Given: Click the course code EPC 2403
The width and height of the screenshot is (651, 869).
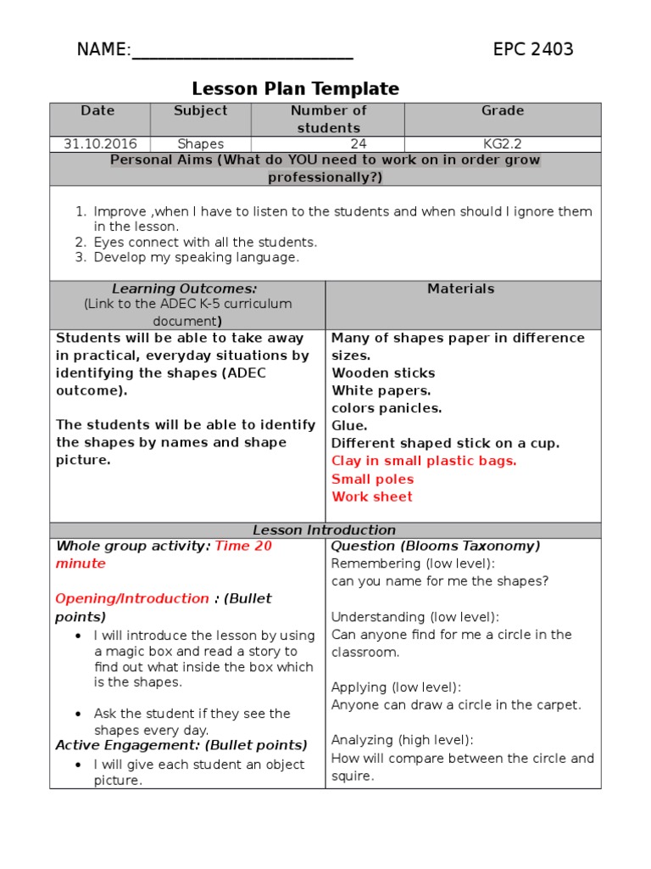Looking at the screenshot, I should [533, 49].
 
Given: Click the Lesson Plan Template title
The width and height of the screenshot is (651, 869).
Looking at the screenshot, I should [295, 89].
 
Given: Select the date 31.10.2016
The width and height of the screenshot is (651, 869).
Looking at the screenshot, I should [99, 144].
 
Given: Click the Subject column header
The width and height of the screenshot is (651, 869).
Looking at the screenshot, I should [200, 111].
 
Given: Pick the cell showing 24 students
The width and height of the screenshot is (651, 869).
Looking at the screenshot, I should [358, 144].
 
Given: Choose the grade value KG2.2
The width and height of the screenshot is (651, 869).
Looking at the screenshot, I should [503, 144].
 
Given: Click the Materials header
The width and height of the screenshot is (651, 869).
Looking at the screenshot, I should [461, 289].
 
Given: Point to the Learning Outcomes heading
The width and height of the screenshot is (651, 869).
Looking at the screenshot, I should [186, 289].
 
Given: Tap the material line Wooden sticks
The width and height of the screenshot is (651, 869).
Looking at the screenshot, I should [383, 373].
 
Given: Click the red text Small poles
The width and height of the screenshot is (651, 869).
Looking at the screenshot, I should [372, 479].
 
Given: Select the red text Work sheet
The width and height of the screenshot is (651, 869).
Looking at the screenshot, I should [372, 497].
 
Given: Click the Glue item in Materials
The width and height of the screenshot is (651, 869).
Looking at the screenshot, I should [349, 426].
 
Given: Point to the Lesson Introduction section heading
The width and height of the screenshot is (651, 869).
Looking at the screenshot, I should [325, 530].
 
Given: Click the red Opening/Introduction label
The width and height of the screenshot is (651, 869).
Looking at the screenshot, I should [132, 599].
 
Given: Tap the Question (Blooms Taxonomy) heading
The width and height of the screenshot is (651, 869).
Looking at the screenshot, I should [436, 547].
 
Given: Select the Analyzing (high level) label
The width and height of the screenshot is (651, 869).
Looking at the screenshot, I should [402, 740].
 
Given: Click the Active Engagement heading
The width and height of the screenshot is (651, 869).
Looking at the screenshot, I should [181, 746].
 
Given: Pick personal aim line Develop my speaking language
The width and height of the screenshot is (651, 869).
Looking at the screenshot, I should [197, 257].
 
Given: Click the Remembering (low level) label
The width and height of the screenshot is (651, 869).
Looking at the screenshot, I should [413, 564].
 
